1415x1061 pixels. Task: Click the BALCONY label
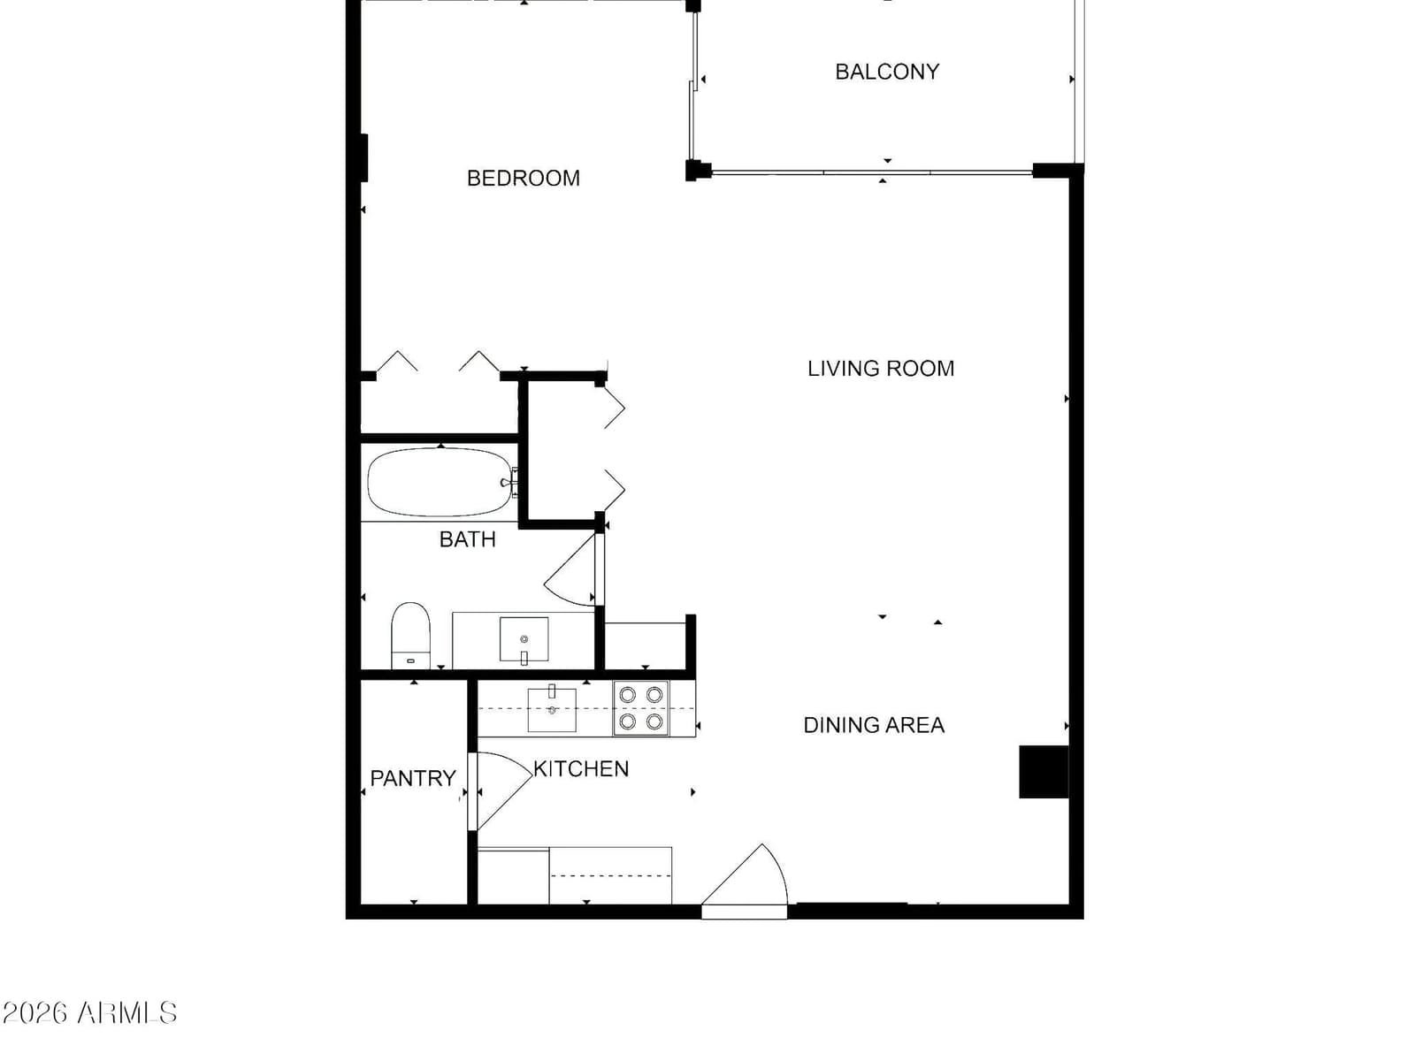coord(887,72)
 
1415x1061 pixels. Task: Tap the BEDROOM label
coord(523,179)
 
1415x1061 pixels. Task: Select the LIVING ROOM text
coord(881,369)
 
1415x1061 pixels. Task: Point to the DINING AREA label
coord(874,725)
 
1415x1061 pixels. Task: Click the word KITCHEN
coord(581,768)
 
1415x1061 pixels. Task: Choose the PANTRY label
coord(413,778)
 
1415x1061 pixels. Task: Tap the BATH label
coord(467,539)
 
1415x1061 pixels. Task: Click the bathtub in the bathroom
coord(440,482)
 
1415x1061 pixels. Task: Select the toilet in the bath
coord(410,636)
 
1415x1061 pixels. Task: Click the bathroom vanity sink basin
coord(524,639)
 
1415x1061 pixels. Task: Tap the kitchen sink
coord(552,710)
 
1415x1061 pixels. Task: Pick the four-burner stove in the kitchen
coord(641,708)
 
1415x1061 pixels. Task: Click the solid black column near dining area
coord(1043,772)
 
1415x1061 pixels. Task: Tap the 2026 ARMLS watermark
coord(89,1012)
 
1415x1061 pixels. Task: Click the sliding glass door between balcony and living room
coord(872,172)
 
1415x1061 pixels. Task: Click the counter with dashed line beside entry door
coord(610,875)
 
